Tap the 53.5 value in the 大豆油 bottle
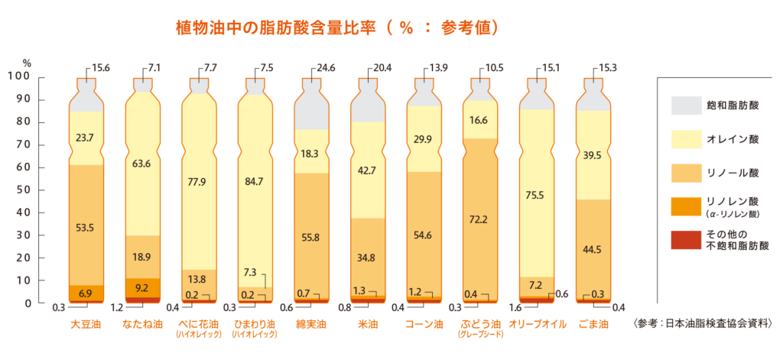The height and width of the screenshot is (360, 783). point(86,228)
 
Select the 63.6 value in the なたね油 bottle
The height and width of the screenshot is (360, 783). point(141,164)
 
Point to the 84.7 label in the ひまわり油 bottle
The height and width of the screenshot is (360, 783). point(254,181)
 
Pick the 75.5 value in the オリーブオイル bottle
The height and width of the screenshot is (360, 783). point(536,195)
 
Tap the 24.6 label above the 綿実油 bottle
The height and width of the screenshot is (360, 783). point(327,68)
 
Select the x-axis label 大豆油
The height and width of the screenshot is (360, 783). point(86,324)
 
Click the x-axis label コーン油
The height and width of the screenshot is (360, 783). point(424,324)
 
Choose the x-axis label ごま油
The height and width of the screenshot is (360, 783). point(593,324)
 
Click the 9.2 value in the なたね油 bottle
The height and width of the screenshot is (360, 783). point(141,289)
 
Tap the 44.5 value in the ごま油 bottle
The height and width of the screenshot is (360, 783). point(593,249)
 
